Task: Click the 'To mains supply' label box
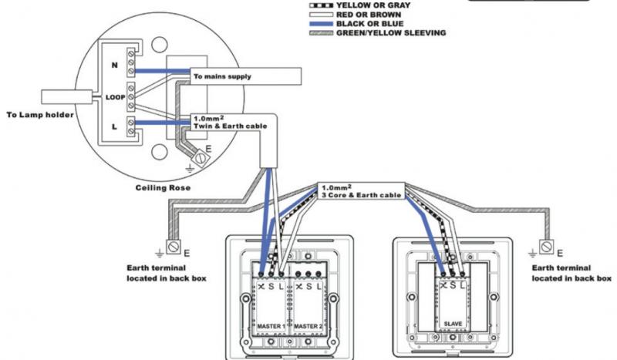[245, 76]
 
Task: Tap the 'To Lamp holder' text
[40, 115]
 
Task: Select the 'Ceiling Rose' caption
[163, 187]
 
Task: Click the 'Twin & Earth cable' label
[230, 126]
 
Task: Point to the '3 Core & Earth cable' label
[361, 195]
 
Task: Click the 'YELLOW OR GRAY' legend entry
[373, 5]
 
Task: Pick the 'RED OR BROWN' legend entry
[369, 15]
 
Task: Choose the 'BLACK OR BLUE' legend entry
[369, 24]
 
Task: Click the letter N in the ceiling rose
[114, 65]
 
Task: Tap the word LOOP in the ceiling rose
[115, 97]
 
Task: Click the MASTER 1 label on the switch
[271, 326]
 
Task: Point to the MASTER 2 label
[308, 326]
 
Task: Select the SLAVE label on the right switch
[453, 324]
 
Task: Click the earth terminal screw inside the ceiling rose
[201, 158]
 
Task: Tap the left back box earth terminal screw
[174, 247]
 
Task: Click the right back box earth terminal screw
[546, 247]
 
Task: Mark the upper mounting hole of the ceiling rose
[160, 45]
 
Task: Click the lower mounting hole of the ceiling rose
[160, 152]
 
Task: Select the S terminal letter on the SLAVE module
[453, 285]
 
